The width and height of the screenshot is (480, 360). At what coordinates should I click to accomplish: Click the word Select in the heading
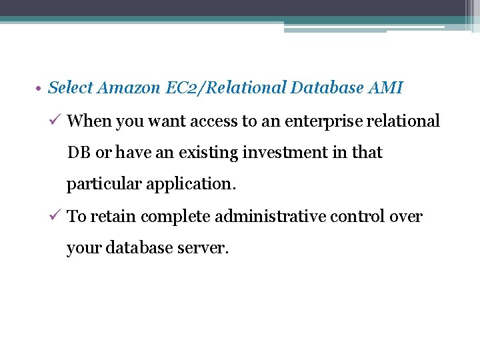point(71,87)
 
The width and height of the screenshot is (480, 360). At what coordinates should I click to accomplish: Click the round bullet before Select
point(40,88)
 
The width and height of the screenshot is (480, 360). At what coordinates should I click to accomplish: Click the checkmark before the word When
point(57,121)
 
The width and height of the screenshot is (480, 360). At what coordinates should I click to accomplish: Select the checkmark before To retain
point(57,216)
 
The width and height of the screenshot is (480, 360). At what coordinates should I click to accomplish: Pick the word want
point(167,121)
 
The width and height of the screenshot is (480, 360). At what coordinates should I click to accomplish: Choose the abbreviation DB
point(79,153)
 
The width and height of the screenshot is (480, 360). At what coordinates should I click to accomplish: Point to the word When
point(89,121)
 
